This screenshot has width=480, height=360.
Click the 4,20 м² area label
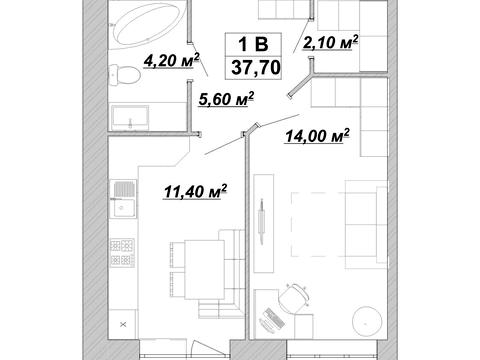[x=171, y=61]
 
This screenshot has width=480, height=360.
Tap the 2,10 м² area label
[x=330, y=42]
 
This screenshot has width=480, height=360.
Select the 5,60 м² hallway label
[x=226, y=99]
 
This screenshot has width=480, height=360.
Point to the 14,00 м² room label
[x=317, y=135]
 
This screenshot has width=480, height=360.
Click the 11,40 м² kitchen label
[x=195, y=191]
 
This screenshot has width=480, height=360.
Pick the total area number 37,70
[x=256, y=68]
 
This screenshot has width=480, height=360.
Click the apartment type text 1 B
[x=253, y=44]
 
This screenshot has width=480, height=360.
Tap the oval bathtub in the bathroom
[x=149, y=24]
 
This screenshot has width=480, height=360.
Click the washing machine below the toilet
[x=130, y=118]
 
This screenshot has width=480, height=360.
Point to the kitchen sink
[x=123, y=199]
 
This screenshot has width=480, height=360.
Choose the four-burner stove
[x=122, y=252]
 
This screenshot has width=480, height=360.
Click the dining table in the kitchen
[x=204, y=269]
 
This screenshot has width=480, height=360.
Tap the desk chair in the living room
[x=294, y=298]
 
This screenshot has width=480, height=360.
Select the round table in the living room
[x=367, y=321]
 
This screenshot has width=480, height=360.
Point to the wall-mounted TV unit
[x=263, y=223]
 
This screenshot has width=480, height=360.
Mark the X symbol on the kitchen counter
[x=123, y=324]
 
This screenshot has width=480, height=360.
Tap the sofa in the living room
[x=366, y=224]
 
